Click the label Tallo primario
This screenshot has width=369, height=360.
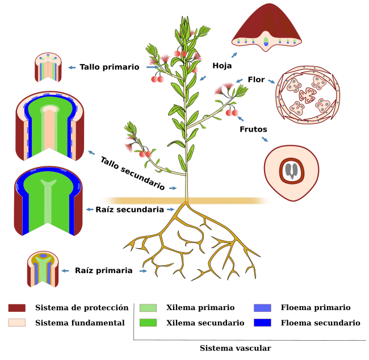pos(110,67)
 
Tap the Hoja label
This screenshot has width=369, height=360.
pos(222,66)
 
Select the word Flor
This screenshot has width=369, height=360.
pos(256,79)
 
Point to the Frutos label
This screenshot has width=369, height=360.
pos(253,129)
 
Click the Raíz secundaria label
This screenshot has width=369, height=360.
pos(129,210)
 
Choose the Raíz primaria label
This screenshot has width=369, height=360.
pos(103,270)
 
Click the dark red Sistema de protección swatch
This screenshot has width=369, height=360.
pos(16,308)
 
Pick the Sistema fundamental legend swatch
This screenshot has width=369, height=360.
pos(16,323)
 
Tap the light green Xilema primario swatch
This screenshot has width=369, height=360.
pos(148,308)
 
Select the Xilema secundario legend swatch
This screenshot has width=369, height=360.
pos(148,323)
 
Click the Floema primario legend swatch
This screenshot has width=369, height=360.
pos(262,308)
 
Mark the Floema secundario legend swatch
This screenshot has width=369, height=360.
pos(262,323)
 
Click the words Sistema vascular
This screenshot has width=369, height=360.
pos(236,348)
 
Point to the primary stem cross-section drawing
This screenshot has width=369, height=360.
pos(48,68)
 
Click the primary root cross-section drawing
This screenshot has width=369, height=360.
pos(43,269)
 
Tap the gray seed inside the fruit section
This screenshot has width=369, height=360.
pos(292,171)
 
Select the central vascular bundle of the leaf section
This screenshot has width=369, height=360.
pos(266,41)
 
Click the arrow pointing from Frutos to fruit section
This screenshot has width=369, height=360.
pos(265,139)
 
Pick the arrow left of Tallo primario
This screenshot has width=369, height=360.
pos(72,68)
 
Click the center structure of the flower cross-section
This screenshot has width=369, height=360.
pos(308,95)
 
